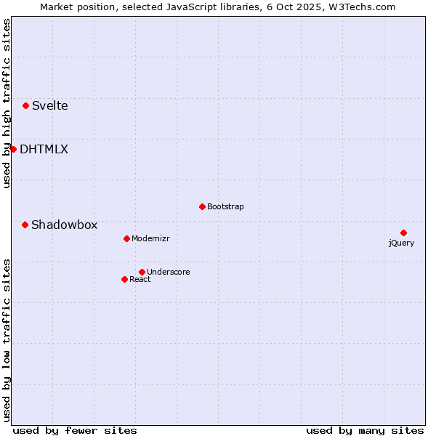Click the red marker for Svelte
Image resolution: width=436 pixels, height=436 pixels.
pyautogui.click(x=26, y=105)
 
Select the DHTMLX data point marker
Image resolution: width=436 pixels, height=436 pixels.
pyautogui.click(x=13, y=149)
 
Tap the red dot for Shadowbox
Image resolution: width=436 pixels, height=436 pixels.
pyautogui.click(x=25, y=225)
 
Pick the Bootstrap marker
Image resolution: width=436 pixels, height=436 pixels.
pyautogui.click(x=202, y=206)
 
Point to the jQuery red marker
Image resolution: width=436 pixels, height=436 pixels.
pyautogui.click(x=403, y=233)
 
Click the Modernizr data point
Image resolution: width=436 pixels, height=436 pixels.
pyautogui.click(x=126, y=238)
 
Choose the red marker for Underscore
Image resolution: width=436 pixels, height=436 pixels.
pyautogui.click(x=142, y=272)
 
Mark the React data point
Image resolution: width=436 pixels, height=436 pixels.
pyautogui.click(x=124, y=279)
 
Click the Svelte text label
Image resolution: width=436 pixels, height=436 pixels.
pyautogui.click(x=49, y=105)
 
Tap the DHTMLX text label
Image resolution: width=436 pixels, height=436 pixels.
pyautogui.click(x=44, y=149)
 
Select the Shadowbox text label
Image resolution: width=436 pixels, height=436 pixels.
pyautogui.click(x=64, y=225)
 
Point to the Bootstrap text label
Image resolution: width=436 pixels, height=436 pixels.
pyautogui.click(x=225, y=206)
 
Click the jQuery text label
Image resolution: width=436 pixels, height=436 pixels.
pyautogui.click(x=401, y=243)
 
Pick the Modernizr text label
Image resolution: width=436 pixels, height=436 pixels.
pyautogui.click(x=150, y=238)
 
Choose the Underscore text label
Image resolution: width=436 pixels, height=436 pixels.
pyautogui.click(x=168, y=272)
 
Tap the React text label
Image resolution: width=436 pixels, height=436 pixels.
pyautogui.click(x=140, y=279)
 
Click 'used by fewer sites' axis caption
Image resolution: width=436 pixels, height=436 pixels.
pyautogui.click(x=75, y=430)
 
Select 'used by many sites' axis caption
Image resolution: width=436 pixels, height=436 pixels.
pyautogui.click(x=365, y=430)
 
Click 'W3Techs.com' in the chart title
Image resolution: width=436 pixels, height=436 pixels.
pyautogui.click(x=361, y=7)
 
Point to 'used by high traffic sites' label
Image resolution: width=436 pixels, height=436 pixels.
pyautogui.click(x=7, y=103)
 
